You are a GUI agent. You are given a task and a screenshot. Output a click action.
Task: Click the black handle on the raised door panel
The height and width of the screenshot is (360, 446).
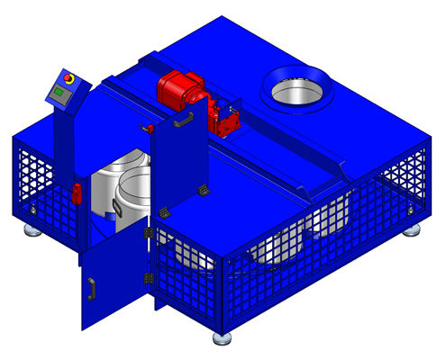[x=184, y=117]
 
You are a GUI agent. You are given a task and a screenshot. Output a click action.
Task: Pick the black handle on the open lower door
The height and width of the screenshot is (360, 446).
[x=90, y=288]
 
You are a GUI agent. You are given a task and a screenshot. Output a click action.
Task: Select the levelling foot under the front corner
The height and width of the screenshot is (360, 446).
[x=222, y=339]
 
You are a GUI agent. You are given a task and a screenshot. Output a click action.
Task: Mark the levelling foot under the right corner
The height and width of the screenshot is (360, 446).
[x=411, y=229]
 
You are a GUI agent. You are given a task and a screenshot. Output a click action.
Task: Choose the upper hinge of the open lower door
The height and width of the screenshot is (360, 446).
[x=146, y=235]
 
